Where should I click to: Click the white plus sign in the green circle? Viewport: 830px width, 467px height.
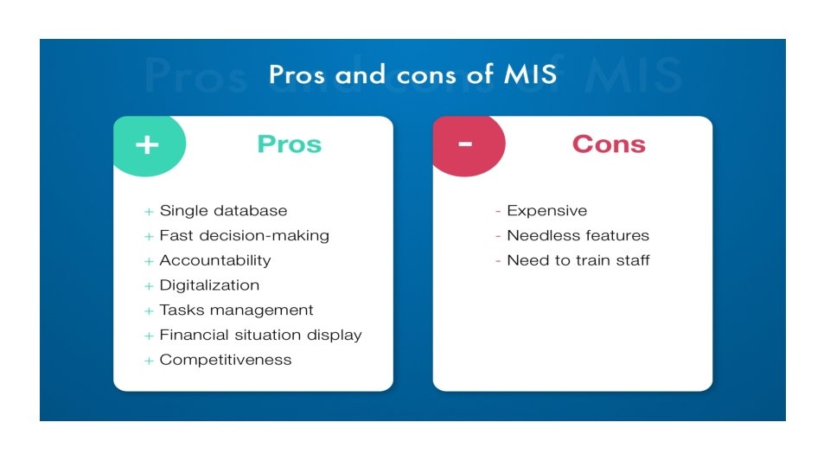(x=147, y=144)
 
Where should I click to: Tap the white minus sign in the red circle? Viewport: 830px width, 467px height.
(x=465, y=144)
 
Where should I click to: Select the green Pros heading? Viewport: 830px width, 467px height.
(x=289, y=144)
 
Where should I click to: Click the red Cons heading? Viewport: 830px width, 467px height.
(x=609, y=144)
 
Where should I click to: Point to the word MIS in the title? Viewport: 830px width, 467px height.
(x=524, y=74)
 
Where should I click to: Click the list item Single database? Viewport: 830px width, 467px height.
(x=223, y=211)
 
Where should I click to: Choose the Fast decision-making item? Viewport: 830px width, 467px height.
(x=244, y=235)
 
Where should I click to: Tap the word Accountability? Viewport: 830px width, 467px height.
(x=215, y=260)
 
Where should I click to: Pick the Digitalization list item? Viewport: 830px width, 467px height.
(x=209, y=285)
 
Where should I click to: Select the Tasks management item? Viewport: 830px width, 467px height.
(x=236, y=310)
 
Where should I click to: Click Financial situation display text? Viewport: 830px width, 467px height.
(x=260, y=335)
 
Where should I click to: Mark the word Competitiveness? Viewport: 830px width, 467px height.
(x=226, y=360)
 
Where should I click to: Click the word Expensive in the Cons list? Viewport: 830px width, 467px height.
(x=546, y=211)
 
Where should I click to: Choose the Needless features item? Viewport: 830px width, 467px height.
(x=578, y=235)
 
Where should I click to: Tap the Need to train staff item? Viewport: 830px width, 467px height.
(x=578, y=260)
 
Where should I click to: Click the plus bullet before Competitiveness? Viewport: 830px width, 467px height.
(x=149, y=361)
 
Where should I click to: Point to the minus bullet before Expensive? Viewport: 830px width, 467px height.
(x=498, y=211)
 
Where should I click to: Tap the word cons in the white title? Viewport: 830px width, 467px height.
(x=426, y=74)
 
